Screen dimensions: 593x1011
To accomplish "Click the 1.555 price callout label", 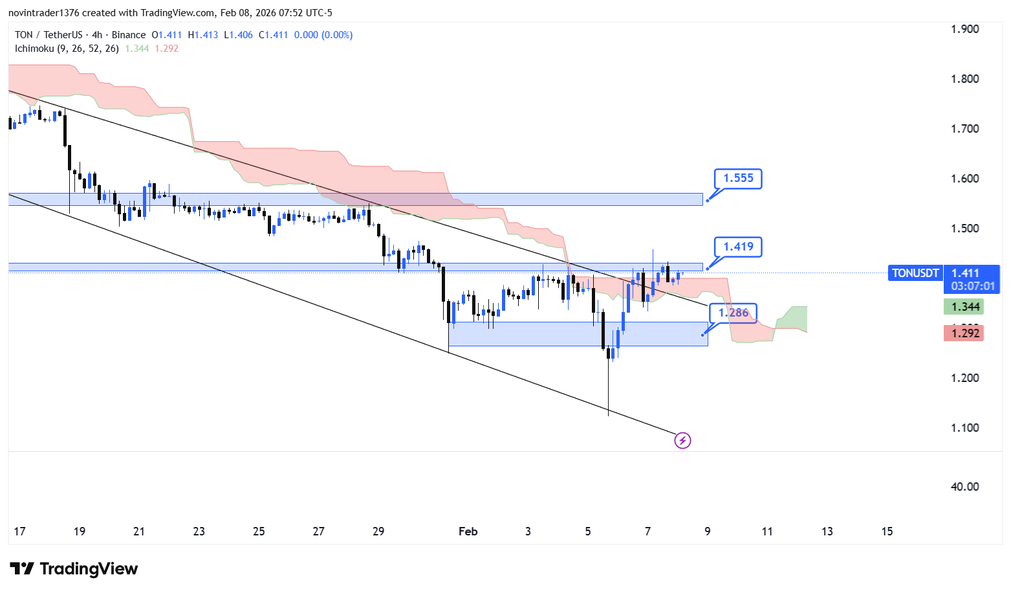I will click(738, 179).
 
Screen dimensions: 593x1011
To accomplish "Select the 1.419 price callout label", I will click(738, 247).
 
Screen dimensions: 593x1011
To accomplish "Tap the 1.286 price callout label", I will click(733, 313).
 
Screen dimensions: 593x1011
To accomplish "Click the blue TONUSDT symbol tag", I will click(915, 273).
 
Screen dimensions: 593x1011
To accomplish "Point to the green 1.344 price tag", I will click(964, 307).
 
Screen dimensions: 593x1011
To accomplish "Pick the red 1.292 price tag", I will click(964, 333).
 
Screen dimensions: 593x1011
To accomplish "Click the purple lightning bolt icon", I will click(682, 441).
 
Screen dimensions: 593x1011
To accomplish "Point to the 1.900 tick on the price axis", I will click(964, 29).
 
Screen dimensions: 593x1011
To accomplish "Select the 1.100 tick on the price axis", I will click(964, 428).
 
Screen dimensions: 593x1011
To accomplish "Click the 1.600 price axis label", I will click(964, 179).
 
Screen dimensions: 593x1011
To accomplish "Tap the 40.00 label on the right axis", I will click(964, 487).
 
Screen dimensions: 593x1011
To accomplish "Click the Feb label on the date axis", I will click(468, 531).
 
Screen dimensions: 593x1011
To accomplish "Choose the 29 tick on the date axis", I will click(378, 531).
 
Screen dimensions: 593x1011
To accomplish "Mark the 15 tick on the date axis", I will click(887, 531).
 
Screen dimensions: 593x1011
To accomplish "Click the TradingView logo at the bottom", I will click(74, 569).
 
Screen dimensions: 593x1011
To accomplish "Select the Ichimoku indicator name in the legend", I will click(34, 49).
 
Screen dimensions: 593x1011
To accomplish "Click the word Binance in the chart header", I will click(129, 35).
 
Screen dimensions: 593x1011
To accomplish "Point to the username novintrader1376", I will click(43, 13).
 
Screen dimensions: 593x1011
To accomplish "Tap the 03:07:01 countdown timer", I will click(973, 286).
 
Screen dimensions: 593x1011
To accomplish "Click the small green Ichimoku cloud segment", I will click(792, 317).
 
